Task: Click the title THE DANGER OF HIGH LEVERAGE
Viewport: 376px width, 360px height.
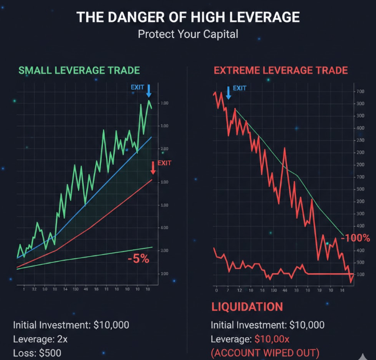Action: coord(188,17)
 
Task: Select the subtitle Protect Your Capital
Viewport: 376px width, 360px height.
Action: coord(188,34)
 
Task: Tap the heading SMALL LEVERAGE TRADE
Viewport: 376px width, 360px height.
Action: coord(79,70)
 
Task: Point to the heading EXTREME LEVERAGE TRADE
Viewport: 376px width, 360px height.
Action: coord(281,70)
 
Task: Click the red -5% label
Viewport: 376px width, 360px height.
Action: coord(138,258)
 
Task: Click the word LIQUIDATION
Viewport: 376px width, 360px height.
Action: coord(247,306)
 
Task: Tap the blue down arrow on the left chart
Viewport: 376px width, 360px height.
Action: coord(149,91)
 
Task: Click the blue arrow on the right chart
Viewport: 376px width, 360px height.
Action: coord(228,92)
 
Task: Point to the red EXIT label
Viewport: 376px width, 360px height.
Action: coord(164,163)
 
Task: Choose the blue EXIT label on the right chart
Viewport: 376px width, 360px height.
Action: coord(240,88)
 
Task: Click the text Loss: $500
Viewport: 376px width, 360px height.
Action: coord(37,353)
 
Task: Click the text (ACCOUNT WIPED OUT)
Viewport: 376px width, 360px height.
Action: coord(265,353)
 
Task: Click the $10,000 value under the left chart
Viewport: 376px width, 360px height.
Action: coord(111,325)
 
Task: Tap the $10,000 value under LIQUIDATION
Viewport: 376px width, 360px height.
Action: coord(306,325)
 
